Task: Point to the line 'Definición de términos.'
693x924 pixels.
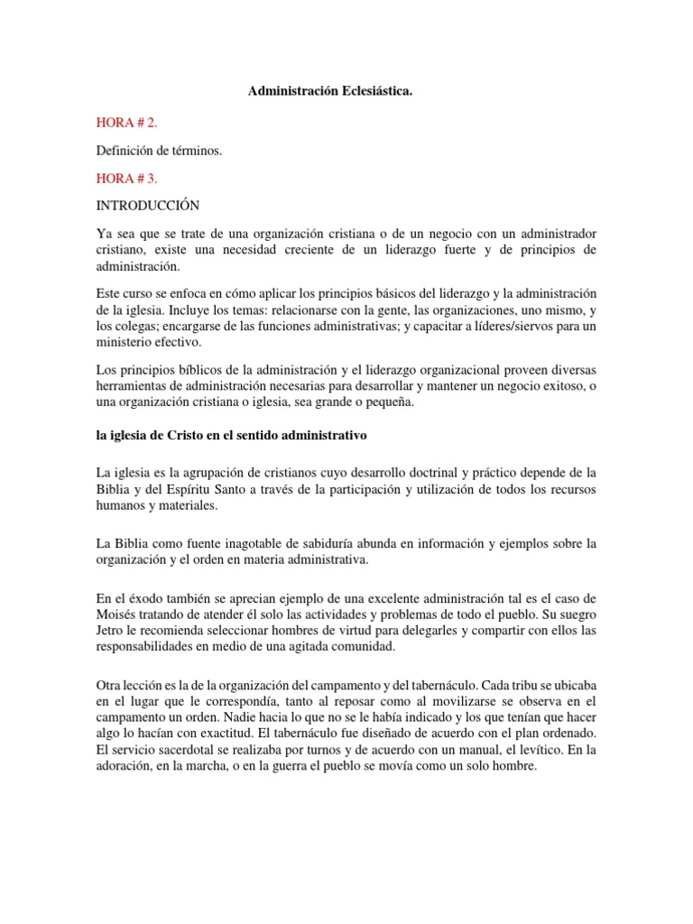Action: tap(158, 151)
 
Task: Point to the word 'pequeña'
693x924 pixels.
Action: tap(388, 403)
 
